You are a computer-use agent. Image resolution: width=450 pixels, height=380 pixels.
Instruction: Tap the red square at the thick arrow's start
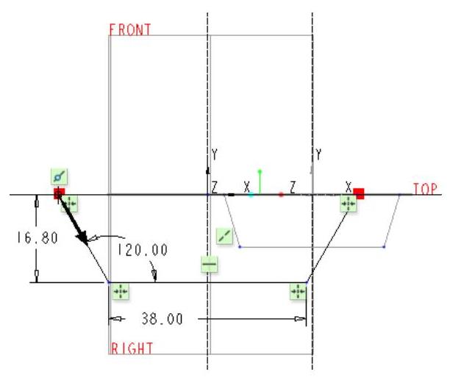[59, 193]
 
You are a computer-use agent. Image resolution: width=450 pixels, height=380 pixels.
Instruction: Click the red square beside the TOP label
[359, 193]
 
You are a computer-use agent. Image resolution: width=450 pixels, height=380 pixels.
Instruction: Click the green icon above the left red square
[60, 176]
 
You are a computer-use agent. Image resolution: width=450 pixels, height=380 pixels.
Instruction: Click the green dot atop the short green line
[260, 171]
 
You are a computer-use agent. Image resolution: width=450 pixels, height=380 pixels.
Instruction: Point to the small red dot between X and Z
[281, 195]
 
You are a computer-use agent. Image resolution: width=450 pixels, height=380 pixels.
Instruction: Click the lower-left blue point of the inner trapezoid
[240, 248]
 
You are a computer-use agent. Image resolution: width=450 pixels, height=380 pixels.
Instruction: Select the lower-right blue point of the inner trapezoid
[385, 248]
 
